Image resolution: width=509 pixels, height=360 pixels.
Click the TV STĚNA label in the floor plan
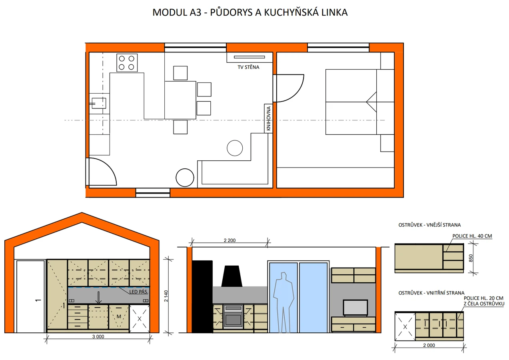[248, 67]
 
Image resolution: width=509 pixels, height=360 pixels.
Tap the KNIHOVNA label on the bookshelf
[268, 118]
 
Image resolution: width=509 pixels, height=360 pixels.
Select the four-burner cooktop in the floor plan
[127, 63]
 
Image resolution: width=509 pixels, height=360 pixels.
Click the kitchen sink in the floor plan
[99, 103]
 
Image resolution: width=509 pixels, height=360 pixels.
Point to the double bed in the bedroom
[360, 102]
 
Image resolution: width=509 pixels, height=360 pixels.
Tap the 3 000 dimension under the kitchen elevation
[98, 336]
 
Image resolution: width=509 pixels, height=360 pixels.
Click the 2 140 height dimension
[166, 296]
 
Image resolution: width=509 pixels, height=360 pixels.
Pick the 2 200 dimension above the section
[230, 240]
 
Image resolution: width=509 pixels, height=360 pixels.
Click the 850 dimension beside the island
[471, 258]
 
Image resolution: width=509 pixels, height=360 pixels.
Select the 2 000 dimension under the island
[429, 345]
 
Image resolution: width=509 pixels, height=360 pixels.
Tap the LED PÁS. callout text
[139, 292]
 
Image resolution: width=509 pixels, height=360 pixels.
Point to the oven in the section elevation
[233, 316]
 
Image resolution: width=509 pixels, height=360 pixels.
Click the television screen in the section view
[355, 308]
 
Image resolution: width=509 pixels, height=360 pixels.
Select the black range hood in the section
[232, 276]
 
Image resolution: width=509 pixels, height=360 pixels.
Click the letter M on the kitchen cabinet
[119, 316]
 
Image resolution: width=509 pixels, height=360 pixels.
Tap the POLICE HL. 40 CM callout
[472, 236]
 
